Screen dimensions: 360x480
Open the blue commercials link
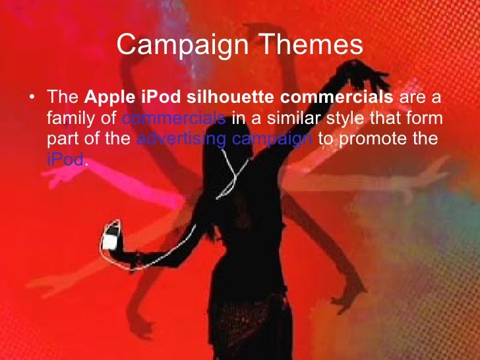point(174,119)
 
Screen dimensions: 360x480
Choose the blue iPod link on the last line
point(65,160)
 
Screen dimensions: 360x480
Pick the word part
point(60,140)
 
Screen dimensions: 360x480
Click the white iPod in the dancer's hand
point(109,236)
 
